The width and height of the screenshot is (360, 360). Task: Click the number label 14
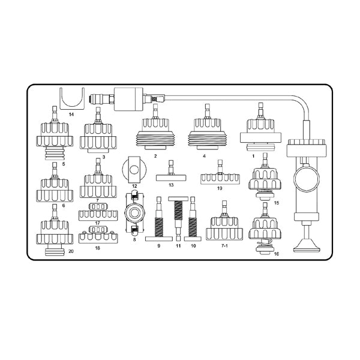pyautogui.click(x=71, y=114)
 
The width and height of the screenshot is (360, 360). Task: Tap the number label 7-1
pyautogui.click(x=224, y=245)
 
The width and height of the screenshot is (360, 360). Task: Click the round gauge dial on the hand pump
pyautogui.click(x=306, y=179)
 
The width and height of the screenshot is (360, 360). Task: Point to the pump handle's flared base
pyautogui.click(x=307, y=247)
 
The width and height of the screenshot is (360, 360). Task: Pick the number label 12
pyautogui.click(x=134, y=186)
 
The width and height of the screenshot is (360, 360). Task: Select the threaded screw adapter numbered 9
pyautogui.click(x=159, y=219)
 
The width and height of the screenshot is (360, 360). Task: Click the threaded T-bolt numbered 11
pyautogui.click(x=178, y=218)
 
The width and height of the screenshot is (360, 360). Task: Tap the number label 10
pyautogui.click(x=193, y=246)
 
